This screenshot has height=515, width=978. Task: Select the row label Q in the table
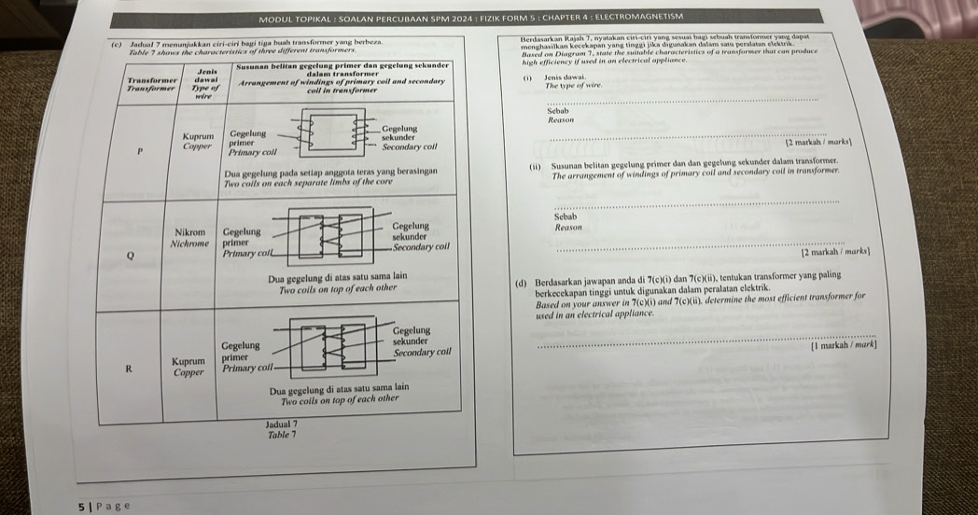pos(131,252)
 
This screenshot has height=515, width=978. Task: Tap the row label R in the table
pos(130,367)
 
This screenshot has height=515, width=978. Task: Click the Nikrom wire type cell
pos(190,235)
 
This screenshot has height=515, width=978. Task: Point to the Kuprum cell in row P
pos(197,141)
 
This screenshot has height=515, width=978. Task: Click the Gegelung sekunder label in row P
pos(399,135)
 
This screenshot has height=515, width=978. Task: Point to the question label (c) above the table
pos(116,44)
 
